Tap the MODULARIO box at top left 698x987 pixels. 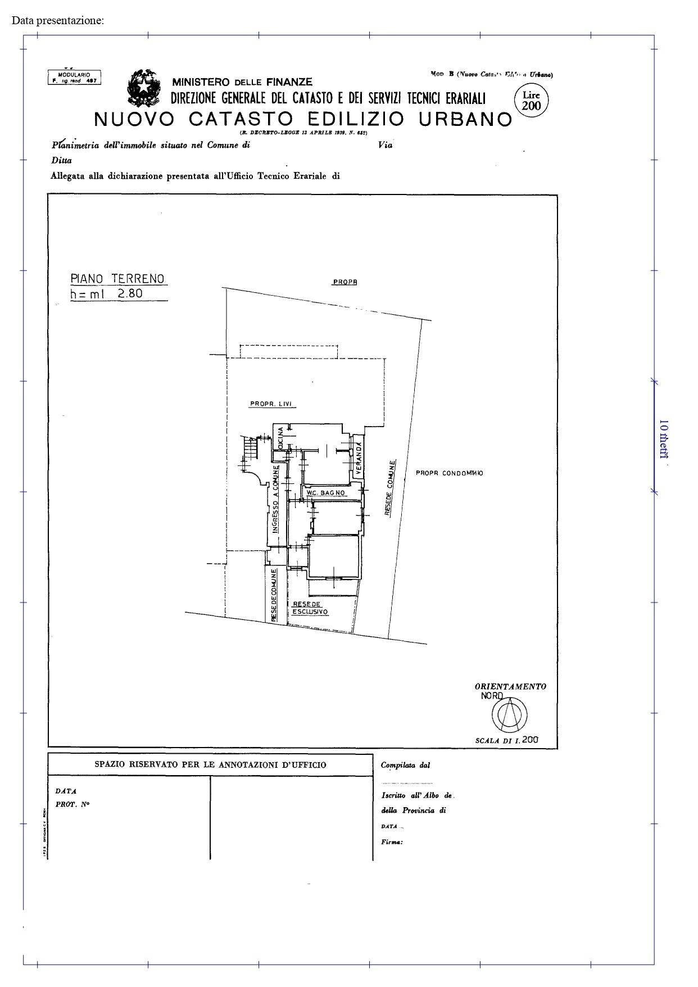coord(74,78)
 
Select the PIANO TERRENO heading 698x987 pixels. coord(117,278)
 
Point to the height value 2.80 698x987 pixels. coord(130,293)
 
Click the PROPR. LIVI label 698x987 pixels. coord(273,404)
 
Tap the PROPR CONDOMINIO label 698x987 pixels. coord(449,473)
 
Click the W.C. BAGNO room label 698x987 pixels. coord(325,493)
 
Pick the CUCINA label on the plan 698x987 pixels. coord(280,438)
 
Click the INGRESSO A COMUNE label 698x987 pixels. coord(275,499)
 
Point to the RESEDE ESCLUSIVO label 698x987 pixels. coord(310,608)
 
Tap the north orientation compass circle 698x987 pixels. coord(510,714)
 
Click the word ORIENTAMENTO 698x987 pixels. coord(510,686)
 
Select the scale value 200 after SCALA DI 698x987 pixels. coord(529,740)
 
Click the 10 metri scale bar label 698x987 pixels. coord(663,439)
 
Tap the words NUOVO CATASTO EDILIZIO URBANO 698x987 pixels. coord(303,119)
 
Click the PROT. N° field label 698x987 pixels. coord(72,804)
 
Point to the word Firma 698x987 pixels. coord(392,842)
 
